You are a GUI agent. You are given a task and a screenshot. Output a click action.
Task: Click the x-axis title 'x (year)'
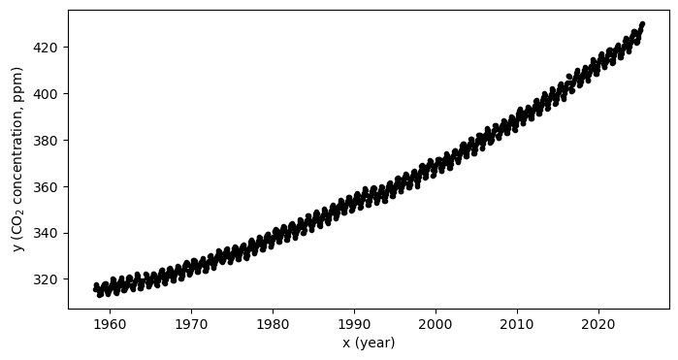coord(369,343)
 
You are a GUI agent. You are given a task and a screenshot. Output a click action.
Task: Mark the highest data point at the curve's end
coord(642,23)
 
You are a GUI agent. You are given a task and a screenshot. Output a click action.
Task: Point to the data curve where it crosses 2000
coord(436,166)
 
